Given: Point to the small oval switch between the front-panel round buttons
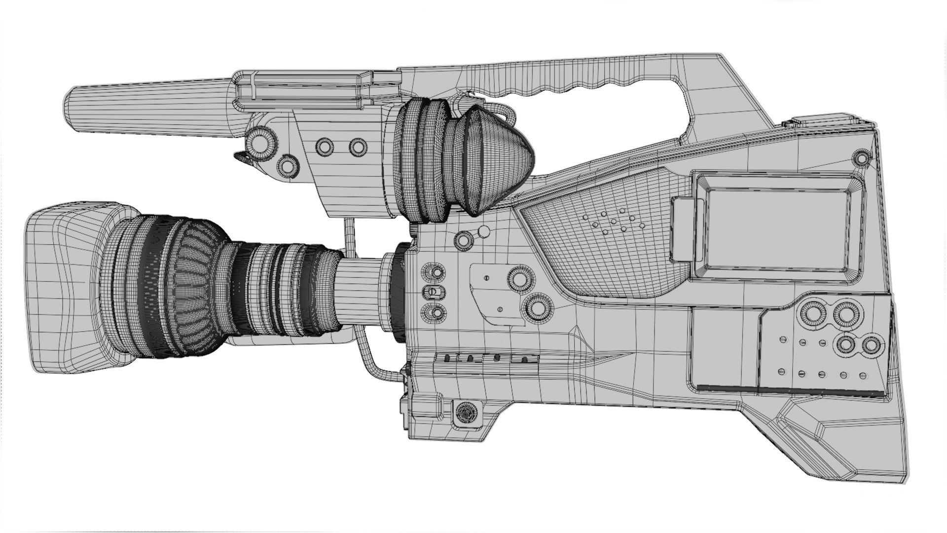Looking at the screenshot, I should pos(433,292).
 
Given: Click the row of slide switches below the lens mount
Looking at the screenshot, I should pos(486,358).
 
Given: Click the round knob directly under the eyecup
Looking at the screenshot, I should pos(464,240).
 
